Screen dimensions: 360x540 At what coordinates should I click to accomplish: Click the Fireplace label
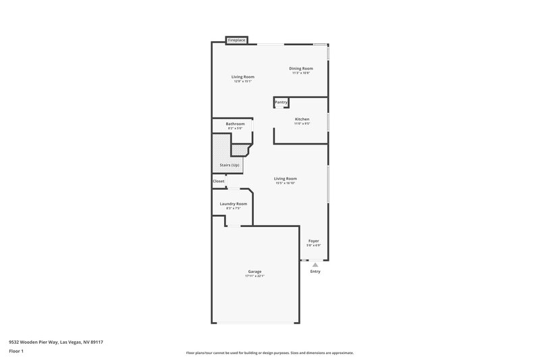point(236,41)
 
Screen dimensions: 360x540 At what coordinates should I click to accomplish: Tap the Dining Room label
point(301,68)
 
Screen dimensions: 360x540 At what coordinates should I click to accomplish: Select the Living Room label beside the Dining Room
point(243,77)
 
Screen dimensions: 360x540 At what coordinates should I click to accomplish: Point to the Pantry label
point(281,102)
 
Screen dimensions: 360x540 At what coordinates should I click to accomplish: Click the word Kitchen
point(302,119)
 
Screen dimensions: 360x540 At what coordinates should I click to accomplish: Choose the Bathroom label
point(235,124)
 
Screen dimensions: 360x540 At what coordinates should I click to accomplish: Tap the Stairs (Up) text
point(230,165)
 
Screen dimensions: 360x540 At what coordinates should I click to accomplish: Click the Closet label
point(219,181)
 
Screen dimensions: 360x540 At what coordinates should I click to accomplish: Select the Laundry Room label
point(234,203)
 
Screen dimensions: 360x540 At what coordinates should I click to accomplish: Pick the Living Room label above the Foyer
point(286,178)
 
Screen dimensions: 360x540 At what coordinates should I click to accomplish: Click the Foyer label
point(314,240)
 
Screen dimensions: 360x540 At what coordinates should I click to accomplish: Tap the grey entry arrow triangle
point(315,265)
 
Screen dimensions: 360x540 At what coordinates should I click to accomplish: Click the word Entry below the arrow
point(315,272)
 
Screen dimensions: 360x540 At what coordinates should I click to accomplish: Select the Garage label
point(254,272)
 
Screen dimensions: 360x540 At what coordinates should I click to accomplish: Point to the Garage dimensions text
point(254,276)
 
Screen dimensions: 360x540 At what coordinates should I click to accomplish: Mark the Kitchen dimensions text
point(302,124)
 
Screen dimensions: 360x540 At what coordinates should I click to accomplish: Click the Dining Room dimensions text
point(301,73)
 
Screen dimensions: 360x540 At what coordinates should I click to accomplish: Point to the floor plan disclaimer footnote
point(270,353)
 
